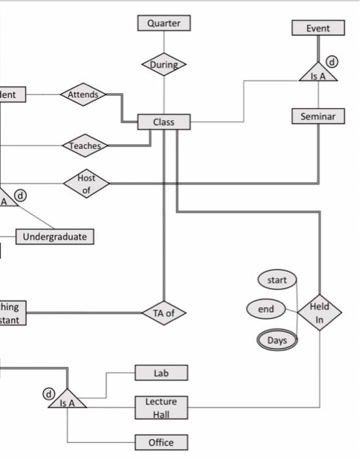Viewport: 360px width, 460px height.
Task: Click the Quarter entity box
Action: click(x=164, y=23)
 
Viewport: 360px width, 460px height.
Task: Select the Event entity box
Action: click(x=318, y=28)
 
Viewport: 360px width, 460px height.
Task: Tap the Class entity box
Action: click(x=164, y=122)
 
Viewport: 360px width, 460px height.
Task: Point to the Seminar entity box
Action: click(x=318, y=116)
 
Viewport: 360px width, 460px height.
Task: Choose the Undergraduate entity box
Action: click(x=55, y=237)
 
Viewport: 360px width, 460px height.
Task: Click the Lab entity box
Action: click(x=161, y=373)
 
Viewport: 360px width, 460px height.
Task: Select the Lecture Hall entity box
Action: click(x=161, y=407)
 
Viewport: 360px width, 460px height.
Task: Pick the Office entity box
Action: click(x=161, y=442)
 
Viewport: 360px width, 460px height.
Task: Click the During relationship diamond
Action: click(x=164, y=64)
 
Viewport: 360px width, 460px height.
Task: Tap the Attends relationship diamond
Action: click(x=83, y=95)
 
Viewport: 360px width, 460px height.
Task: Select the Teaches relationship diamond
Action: click(x=85, y=146)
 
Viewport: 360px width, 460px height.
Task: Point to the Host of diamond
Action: click(x=86, y=183)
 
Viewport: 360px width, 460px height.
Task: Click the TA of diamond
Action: click(x=164, y=313)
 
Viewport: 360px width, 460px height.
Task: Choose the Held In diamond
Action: click(x=319, y=313)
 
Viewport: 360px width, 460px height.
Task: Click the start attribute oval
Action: click(x=277, y=280)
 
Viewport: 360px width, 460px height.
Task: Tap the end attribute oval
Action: click(x=266, y=308)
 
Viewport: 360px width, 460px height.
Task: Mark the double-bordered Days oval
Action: click(x=277, y=340)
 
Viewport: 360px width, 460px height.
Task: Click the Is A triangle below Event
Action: click(x=318, y=74)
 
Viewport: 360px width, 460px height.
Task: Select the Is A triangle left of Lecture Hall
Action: click(x=67, y=400)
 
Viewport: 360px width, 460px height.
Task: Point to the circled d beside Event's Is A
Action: click(x=332, y=62)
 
